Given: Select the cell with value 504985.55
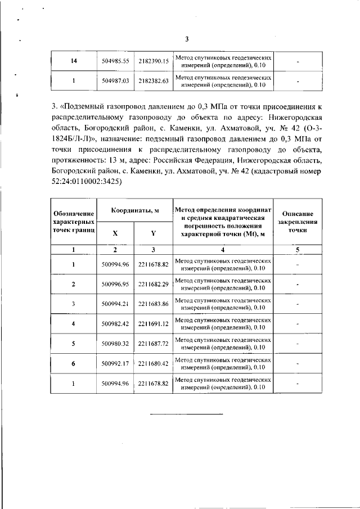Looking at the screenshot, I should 116,61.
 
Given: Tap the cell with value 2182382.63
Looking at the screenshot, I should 154,81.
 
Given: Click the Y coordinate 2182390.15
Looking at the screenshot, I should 154,61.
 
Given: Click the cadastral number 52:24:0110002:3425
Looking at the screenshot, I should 87,182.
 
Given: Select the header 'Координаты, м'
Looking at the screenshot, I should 134,210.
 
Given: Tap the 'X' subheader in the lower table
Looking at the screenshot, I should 115,233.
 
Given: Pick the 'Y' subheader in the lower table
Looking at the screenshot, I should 153,233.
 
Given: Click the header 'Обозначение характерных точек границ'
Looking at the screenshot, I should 74,222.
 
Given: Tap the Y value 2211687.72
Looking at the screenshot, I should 154,344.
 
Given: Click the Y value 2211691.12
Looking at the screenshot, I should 154,324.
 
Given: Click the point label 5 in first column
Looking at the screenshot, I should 74,344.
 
